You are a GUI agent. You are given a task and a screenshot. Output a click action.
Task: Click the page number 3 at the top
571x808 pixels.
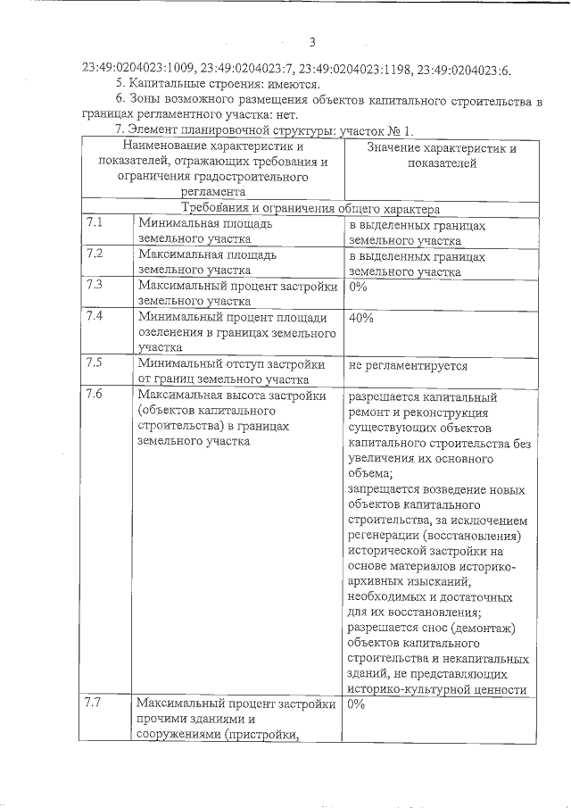(312, 42)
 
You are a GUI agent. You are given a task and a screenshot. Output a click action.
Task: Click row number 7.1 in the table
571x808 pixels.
(95, 224)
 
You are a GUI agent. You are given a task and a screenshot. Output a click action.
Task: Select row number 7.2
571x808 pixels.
(95, 254)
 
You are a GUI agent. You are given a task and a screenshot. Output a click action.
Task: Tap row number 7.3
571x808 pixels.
(95, 285)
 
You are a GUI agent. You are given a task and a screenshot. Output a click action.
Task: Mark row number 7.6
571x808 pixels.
(95, 394)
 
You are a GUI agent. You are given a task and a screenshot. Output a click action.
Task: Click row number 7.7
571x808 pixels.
(95, 702)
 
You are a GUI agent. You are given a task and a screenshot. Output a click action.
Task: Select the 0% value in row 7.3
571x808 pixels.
(358, 287)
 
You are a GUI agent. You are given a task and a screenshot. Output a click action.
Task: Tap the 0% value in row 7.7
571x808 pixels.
(358, 704)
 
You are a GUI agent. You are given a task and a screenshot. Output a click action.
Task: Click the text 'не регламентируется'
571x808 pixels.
(408, 364)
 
